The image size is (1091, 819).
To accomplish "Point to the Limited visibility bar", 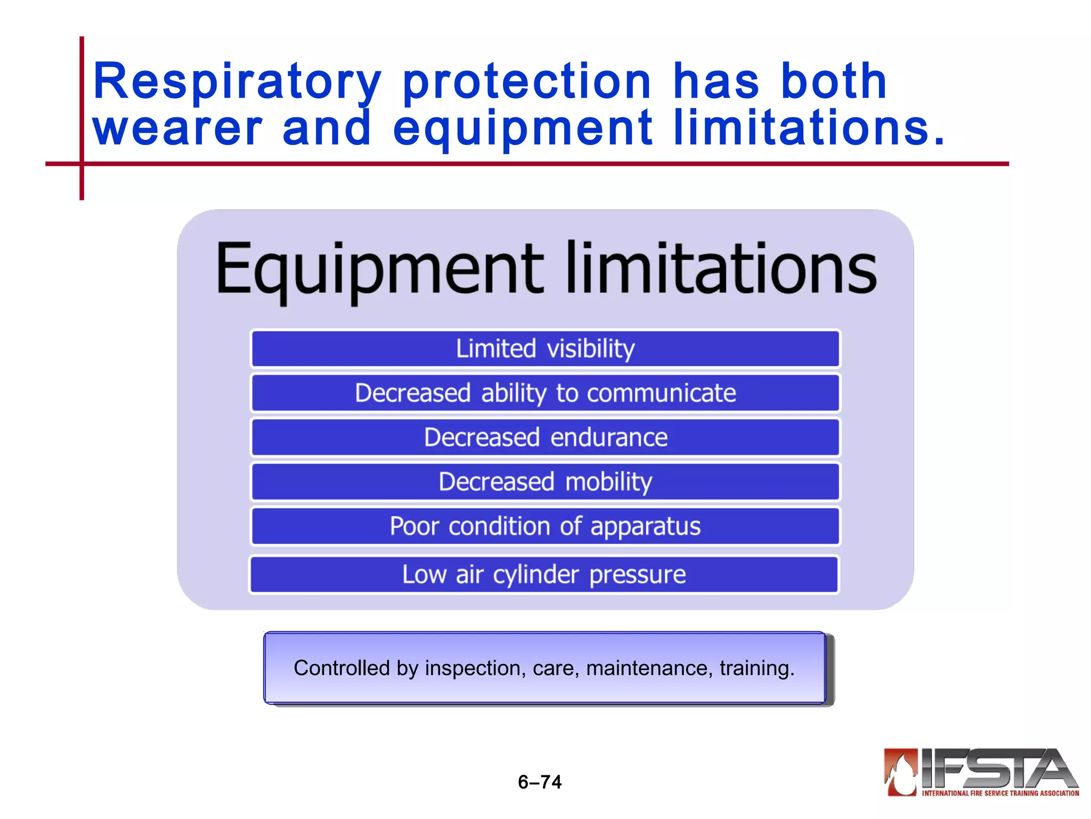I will click(545, 349).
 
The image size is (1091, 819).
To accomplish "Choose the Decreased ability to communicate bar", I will click(545, 394).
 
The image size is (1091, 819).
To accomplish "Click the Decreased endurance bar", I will click(545, 438).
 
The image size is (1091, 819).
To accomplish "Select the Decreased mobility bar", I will click(545, 482).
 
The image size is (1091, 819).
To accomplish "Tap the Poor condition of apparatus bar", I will click(545, 527).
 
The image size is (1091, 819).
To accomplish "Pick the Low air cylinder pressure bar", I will click(544, 575).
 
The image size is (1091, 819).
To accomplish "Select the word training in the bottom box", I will click(756, 668).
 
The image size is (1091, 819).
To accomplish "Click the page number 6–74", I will click(540, 782).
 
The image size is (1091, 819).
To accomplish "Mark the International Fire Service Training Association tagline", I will click(1000, 793).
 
